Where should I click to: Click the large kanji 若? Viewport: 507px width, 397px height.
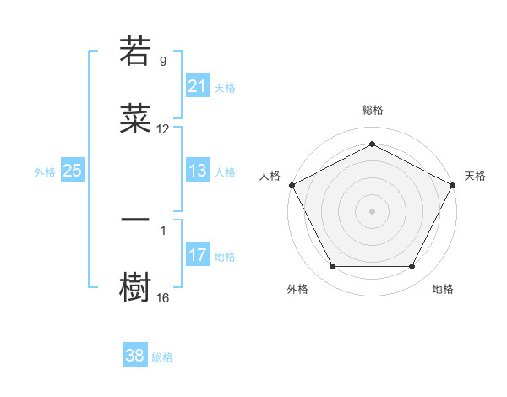coord(135,51)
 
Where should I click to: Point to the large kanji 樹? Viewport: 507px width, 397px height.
coord(135,287)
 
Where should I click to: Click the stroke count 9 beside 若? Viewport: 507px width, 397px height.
coord(163,62)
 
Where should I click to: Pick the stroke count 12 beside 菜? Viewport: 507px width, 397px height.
coord(163,129)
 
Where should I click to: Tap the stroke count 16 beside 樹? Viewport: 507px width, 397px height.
coord(163,298)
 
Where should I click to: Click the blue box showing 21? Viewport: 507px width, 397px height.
coord(197,86)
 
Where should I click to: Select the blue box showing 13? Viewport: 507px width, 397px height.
coord(197,171)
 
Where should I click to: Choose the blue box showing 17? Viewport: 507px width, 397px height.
coord(197,255)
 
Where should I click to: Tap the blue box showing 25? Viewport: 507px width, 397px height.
coord(72,171)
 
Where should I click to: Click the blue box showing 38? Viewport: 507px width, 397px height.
coord(135,356)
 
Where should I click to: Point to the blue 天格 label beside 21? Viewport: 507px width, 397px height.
coord(225,87)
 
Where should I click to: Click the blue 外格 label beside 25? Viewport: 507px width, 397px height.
coord(45,171)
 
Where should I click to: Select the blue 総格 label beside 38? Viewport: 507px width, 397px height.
coord(162,357)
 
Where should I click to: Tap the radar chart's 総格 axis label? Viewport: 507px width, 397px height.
coord(372,111)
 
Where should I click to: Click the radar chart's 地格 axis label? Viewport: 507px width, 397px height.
coord(443,289)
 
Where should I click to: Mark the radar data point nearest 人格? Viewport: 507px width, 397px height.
coord(292,184)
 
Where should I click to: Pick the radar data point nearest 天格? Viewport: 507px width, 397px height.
coord(453,184)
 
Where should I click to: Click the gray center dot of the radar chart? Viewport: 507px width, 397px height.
coord(372,210)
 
